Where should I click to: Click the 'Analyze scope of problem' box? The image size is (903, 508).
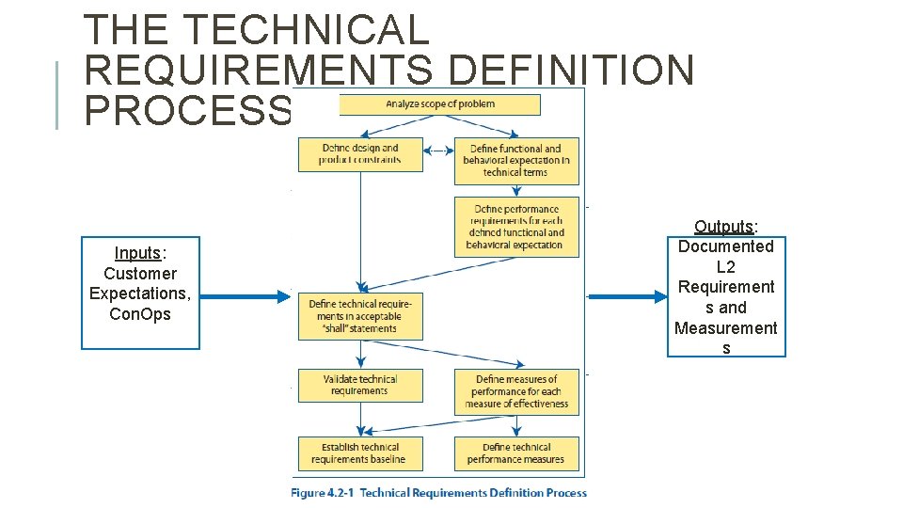click(439, 104)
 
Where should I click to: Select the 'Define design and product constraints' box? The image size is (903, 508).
click(360, 154)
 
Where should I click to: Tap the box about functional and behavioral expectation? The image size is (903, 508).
click(516, 161)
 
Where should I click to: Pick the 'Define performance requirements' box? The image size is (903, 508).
click(516, 227)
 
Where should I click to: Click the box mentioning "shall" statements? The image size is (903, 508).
click(360, 316)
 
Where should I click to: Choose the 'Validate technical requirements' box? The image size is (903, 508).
click(360, 385)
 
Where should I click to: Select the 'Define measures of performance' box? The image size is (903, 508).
click(516, 391)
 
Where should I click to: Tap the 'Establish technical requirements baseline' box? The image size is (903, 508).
click(360, 453)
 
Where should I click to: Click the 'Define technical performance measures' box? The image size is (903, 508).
click(516, 453)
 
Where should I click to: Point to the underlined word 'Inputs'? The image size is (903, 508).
click(137, 253)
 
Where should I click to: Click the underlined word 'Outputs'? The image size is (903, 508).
click(724, 227)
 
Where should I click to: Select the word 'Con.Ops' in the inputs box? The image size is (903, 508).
click(140, 314)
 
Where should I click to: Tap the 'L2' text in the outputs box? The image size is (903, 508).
click(726, 267)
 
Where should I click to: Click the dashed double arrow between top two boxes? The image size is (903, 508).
click(438, 151)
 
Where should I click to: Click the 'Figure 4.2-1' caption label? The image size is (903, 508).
click(323, 492)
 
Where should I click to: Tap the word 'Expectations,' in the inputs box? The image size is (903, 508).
click(140, 294)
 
